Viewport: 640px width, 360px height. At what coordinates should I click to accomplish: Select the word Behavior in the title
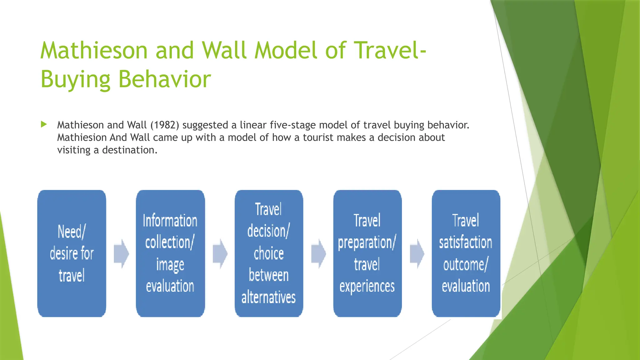click(165, 79)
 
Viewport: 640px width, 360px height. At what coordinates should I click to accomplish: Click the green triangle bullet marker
click(44, 124)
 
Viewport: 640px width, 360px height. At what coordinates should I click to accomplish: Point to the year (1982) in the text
click(165, 125)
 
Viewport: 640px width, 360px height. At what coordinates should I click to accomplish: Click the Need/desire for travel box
click(72, 253)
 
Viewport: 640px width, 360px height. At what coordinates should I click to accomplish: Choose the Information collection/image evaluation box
click(170, 253)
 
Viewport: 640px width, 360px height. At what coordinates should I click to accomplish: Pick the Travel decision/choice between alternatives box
click(269, 253)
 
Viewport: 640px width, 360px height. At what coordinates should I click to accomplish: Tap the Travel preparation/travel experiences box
click(367, 253)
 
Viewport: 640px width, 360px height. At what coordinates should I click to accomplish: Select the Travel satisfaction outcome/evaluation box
click(466, 253)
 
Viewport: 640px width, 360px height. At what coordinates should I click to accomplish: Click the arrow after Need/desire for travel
click(121, 254)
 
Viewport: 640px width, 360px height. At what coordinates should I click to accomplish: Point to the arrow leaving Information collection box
click(220, 254)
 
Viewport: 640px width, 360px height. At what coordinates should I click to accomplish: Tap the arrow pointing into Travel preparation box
click(318, 254)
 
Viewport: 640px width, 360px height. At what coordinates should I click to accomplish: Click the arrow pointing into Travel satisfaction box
click(417, 254)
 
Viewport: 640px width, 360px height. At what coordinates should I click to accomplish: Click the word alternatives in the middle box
click(268, 297)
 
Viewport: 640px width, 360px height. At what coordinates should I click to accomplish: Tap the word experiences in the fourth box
click(367, 286)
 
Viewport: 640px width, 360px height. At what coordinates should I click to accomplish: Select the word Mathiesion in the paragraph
click(82, 137)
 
